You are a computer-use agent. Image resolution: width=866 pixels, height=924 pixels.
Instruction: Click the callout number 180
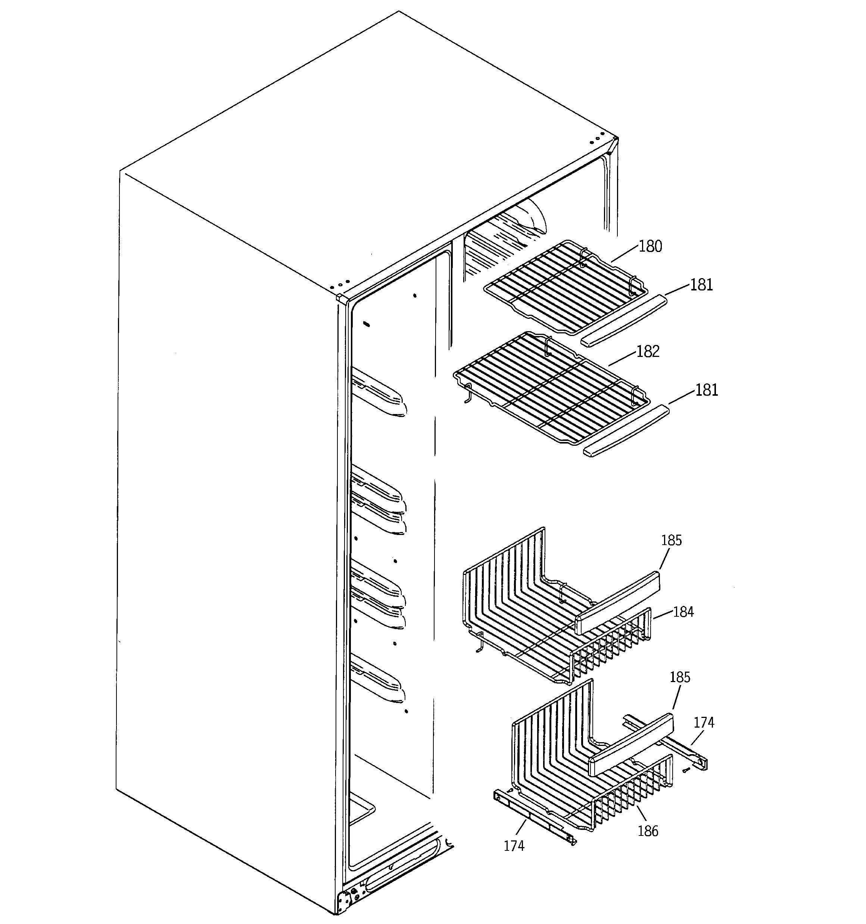tap(650, 246)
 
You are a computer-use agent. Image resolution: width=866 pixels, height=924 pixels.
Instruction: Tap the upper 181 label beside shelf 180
tap(701, 285)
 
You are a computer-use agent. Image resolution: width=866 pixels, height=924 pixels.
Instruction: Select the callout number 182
tap(648, 351)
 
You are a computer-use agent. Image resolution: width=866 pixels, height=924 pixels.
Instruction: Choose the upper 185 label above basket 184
tap(671, 541)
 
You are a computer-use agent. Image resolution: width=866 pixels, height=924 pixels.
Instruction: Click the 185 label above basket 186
tap(680, 678)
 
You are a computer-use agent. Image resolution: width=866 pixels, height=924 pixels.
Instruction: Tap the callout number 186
tap(648, 831)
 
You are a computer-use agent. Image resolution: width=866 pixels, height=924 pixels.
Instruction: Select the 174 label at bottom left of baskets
tap(514, 846)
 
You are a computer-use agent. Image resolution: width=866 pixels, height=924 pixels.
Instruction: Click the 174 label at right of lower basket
tap(704, 723)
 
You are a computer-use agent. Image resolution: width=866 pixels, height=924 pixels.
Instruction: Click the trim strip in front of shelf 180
tap(624, 321)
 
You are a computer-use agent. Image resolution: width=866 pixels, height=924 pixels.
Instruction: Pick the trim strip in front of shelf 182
tap(626, 431)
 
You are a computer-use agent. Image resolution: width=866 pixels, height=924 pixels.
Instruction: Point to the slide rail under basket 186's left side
tap(535, 816)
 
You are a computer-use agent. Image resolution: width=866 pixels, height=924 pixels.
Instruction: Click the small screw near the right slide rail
tap(686, 771)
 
